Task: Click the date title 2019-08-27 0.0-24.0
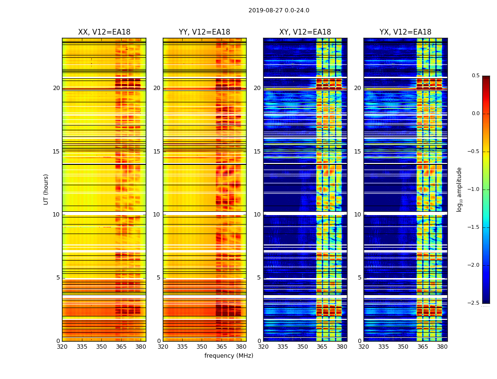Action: (279, 10)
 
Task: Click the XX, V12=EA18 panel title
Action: (104, 32)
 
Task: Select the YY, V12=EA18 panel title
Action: (204, 32)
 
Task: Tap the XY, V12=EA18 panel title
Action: (305, 32)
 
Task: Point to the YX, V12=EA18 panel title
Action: (405, 32)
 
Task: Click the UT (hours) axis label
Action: (46, 189)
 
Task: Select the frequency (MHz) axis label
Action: (229, 356)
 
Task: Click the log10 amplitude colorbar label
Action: (459, 189)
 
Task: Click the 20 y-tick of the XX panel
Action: (56, 88)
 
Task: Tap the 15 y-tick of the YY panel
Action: (157, 152)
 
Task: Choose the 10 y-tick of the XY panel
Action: (257, 215)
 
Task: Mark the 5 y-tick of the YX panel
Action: (359, 278)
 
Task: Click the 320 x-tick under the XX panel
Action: (62, 347)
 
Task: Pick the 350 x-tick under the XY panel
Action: (302, 347)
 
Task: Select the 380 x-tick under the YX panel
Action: (442, 347)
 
